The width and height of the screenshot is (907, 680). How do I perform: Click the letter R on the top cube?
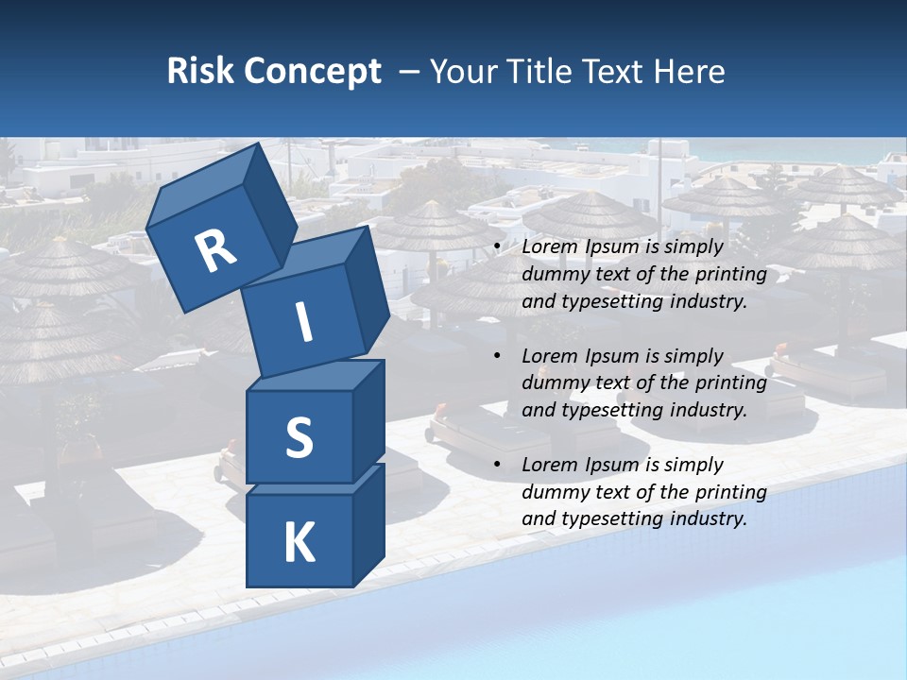click(x=215, y=251)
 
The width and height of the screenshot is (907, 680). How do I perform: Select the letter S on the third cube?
click(x=299, y=437)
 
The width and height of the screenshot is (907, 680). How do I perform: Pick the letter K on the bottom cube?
click(x=299, y=543)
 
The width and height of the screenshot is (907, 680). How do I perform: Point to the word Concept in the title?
click(x=312, y=72)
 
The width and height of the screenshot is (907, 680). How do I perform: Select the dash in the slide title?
click(x=409, y=72)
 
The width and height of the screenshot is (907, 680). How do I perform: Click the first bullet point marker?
click(x=497, y=247)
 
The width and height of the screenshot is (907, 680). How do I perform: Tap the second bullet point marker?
click(x=497, y=356)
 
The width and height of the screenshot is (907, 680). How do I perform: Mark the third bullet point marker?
click(x=497, y=465)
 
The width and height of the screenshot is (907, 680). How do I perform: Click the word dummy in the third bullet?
click(x=551, y=492)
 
